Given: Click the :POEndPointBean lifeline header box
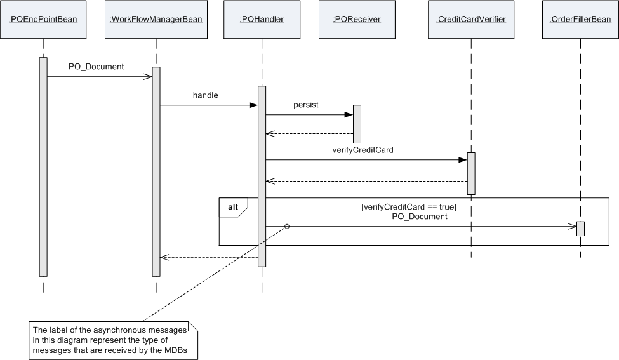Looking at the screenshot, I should (x=43, y=20).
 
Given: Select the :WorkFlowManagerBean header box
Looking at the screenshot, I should (x=156, y=20).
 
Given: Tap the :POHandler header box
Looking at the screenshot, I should (x=262, y=20).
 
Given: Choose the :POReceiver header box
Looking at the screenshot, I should (x=357, y=20).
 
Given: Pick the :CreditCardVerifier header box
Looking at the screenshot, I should (x=471, y=20).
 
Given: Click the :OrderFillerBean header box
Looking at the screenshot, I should (x=580, y=20).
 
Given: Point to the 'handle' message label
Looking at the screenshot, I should (x=205, y=95).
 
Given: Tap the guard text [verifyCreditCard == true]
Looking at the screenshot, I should (x=408, y=207).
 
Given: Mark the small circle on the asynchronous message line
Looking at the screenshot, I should (x=287, y=227).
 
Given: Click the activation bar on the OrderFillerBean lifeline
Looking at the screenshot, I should (x=580, y=229).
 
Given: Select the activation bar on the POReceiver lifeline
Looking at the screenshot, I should (x=357, y=124).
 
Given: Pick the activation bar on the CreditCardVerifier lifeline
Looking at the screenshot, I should (x=471, y=173).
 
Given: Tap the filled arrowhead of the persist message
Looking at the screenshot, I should (x=349, y=115).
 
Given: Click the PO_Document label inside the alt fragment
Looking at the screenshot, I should (x=419, y=217).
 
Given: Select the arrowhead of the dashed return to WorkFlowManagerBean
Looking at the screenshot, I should (x=163, y=257).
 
